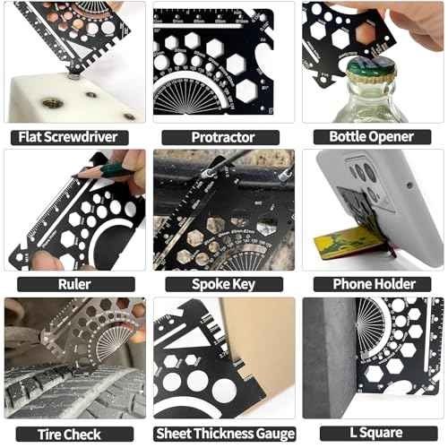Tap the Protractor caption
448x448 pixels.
coord(222,137)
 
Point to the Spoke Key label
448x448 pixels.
coord(222,284)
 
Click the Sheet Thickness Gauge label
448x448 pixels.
coord(222,433)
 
